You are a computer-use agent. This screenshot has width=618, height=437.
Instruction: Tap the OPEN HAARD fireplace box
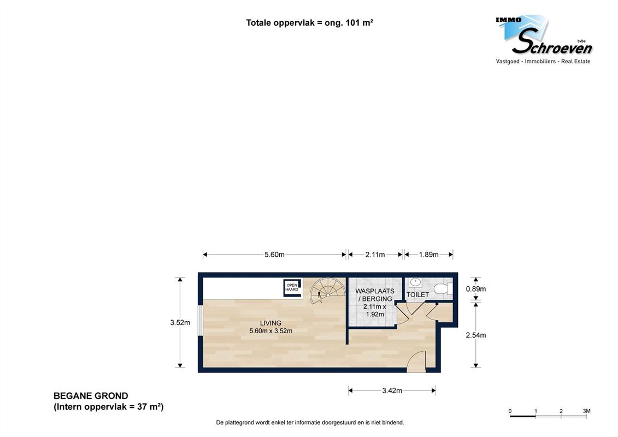pos(292,288)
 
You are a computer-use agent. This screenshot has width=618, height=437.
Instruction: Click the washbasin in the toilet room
pos(415,283)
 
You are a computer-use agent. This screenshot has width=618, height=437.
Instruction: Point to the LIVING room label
pos(270,323)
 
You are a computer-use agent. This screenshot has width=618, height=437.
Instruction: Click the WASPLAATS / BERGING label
pos(374,295)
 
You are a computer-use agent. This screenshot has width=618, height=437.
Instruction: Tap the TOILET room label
pos(417,295)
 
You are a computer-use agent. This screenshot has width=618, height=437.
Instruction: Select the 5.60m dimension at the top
pos(274,255)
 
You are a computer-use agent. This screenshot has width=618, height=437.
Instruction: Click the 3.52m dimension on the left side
pos(180,322)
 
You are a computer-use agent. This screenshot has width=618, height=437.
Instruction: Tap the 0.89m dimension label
pos(475,289)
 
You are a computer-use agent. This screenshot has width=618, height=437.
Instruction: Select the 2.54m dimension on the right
pos(475,335)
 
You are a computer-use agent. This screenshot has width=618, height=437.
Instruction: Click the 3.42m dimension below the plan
pos(392,391)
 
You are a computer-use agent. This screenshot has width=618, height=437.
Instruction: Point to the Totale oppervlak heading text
pos(309,23)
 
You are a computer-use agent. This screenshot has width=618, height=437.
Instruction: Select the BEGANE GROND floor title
pos(91,396)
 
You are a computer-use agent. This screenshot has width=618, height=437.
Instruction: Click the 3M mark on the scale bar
pos(586,411)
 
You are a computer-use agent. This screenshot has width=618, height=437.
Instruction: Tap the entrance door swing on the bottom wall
pos(417,362)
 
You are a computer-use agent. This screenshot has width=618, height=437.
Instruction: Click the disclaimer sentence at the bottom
pos(310,422)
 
